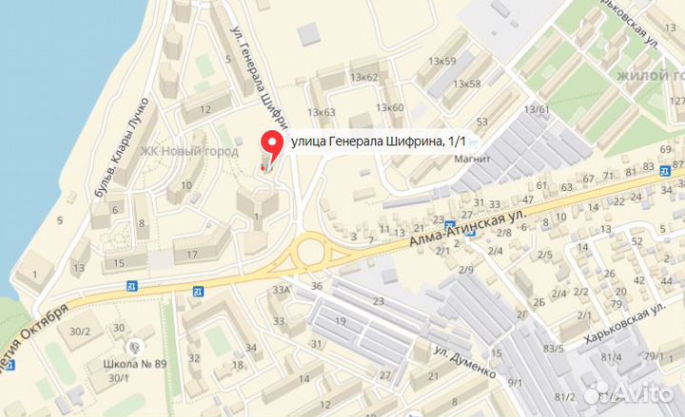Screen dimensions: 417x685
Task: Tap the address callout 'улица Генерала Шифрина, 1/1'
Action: point(379,142)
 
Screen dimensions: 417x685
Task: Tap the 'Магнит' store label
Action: point(472,159)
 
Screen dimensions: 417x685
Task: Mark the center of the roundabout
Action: point(309,253)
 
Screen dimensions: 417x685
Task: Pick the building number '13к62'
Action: point(363,77)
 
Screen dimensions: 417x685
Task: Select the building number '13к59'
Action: point(441,62)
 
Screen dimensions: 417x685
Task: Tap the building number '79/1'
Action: point(654,356)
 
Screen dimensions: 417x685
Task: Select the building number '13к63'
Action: point(322,112)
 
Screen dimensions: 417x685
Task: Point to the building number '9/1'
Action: point(515,383)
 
